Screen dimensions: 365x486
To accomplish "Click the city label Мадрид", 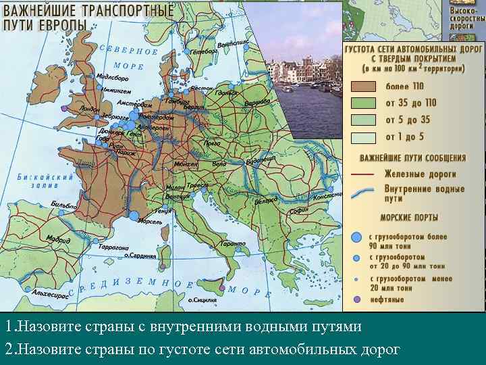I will (x=58, y=239).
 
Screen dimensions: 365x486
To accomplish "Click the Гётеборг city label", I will (x=204, y=51).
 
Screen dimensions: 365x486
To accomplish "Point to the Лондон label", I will (x=89, y=109).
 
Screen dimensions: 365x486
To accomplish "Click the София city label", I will (x=298, y=210).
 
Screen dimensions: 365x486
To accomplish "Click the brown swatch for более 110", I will (x=363, y=86).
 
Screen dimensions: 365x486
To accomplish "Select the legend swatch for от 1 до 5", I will (x=363, y=137).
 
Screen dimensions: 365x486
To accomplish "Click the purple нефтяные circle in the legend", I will (x=356, y=299).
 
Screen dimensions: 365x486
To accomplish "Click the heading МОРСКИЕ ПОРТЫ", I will (x=409, y=218).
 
